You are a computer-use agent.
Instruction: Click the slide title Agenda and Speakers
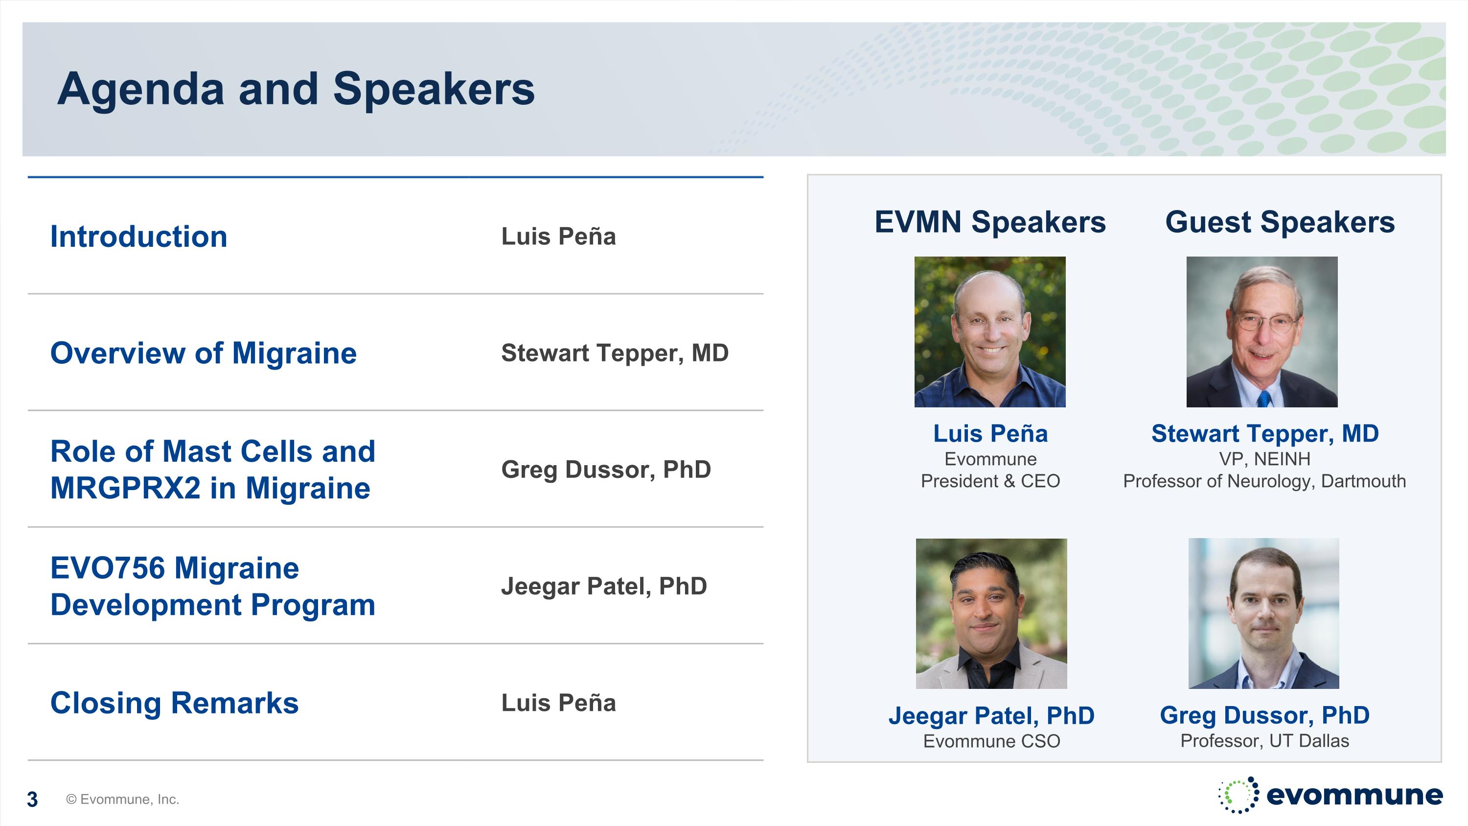tap(296, 90)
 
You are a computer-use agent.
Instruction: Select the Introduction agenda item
tap(138, 236)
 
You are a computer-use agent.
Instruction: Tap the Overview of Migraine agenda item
tap(204, 353)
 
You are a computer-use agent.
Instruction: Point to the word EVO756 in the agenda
tap(107, 568)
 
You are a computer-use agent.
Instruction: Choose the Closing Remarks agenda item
tap(174, 703)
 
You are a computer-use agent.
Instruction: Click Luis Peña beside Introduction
tap(558, 236)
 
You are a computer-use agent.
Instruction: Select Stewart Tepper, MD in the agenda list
tap(615, 354)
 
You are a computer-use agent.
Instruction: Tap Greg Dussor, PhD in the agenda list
tap(606, 470)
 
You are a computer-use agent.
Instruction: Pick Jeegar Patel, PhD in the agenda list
tap(604, 587)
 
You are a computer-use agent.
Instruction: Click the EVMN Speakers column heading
tap(990, 222)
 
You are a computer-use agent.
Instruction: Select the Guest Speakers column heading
tap(1280, 222)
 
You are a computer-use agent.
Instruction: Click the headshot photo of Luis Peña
tap(990, 332)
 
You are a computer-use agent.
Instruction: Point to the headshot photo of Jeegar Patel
tap(991, 614)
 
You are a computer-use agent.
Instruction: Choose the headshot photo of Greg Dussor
tap(1263, 614)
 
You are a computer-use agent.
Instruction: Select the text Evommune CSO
tap(991, 741)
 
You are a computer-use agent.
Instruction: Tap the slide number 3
tap(32, 800)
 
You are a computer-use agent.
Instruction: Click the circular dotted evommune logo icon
tap(1239, 795)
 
